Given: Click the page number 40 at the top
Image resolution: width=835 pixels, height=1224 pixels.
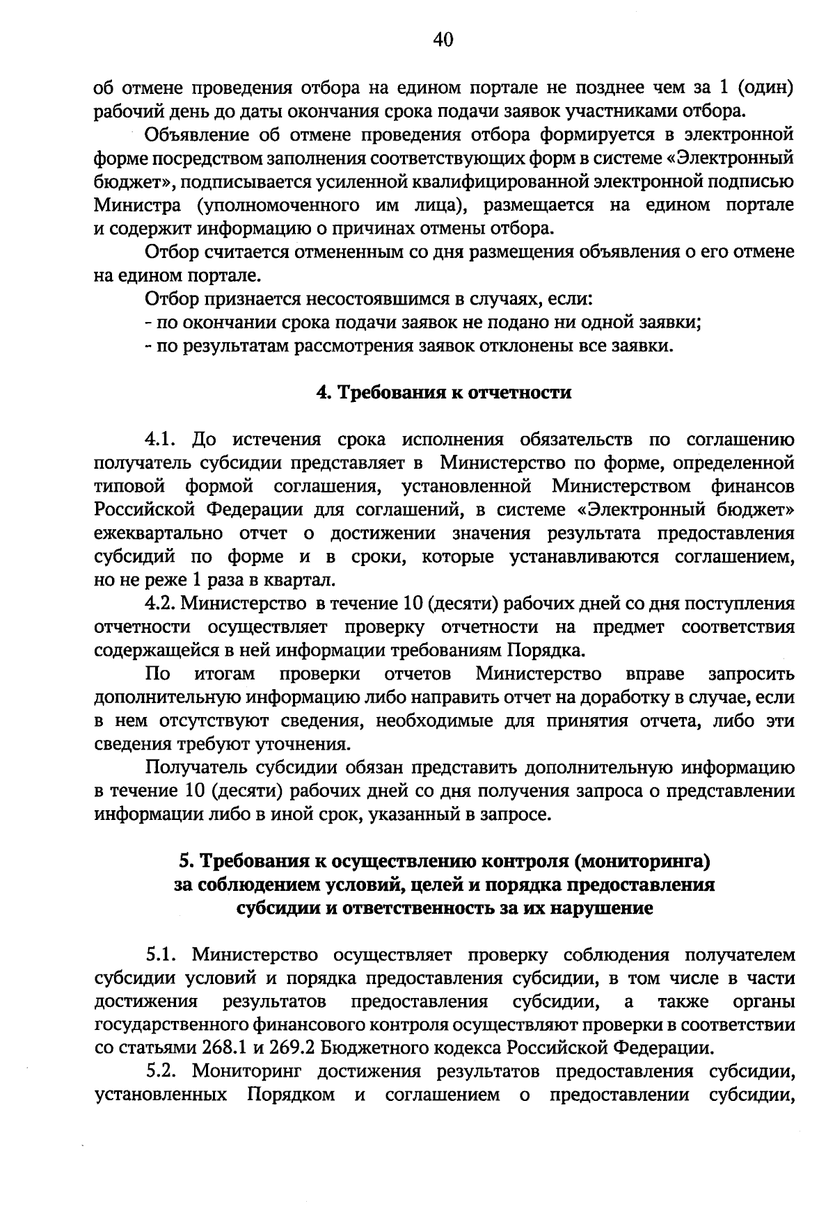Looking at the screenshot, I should coord(443,40).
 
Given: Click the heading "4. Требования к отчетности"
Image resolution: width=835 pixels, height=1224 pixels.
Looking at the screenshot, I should coord(444,393).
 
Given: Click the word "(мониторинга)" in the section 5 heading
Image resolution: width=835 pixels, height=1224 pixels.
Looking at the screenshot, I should coord(642,862).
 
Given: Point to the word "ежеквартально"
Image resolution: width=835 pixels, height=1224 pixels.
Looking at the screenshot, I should coord(159,533).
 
